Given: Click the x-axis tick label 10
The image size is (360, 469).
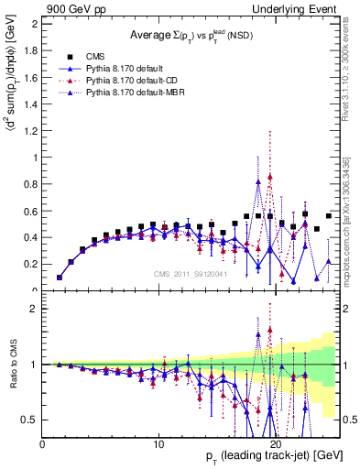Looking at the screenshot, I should pyautogui.click(x=159, y=442).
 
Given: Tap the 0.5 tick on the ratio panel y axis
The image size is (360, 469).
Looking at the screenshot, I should pyautogui.click(x=31, y=420).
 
